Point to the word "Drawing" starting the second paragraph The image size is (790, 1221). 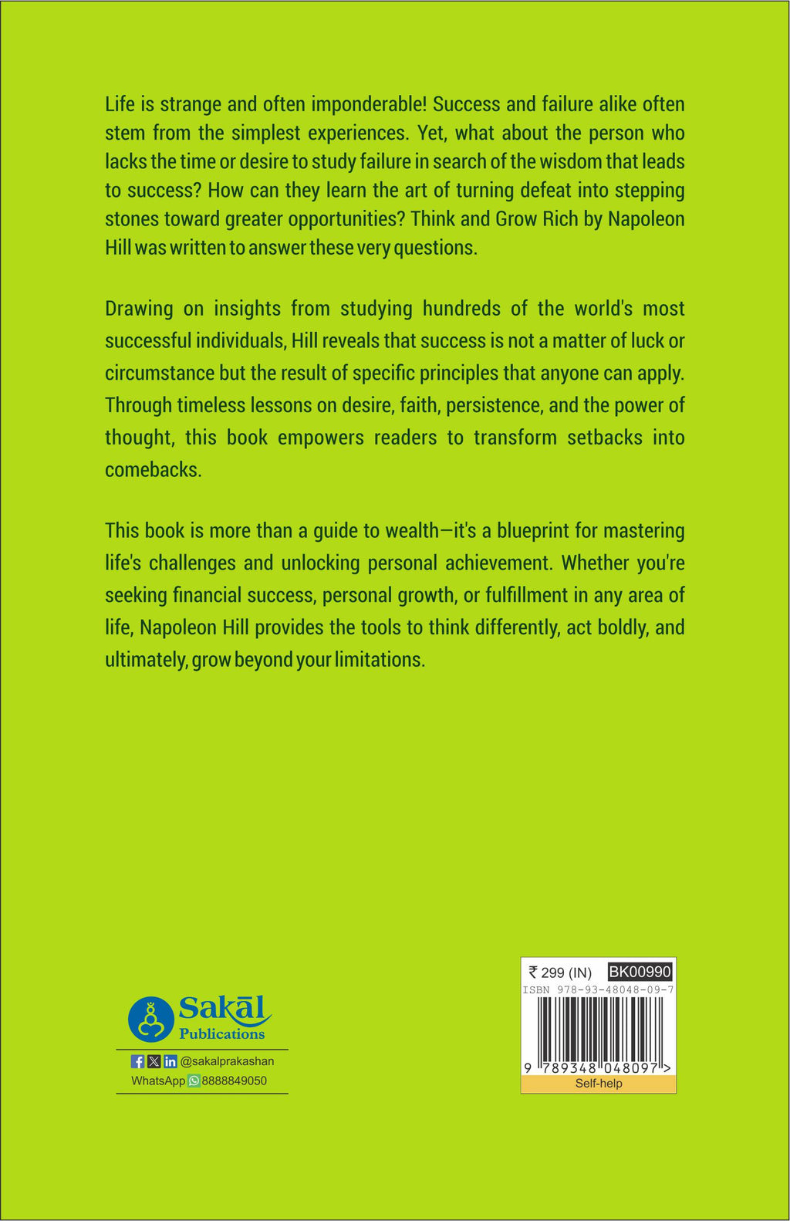(x=140, y=309)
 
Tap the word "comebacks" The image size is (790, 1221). (x=153, y=470)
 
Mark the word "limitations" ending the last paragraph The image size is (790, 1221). (x=380, y=660)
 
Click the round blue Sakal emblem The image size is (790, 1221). (x=150, y=1019)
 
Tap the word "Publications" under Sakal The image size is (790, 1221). (x=222, y=1034)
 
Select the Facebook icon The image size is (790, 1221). (x=138, y=1061)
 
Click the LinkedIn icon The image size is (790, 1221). (x=170, y=1061)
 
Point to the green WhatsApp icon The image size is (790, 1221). (x=194, y=1081)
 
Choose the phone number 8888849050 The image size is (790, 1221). (x=234, y=1081)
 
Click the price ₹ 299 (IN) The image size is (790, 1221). (x=560, y=972)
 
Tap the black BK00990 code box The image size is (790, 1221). (x=640, y=972)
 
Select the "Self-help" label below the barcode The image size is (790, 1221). (x=599, y=1084)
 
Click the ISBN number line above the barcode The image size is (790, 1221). (x=599, y=989)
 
